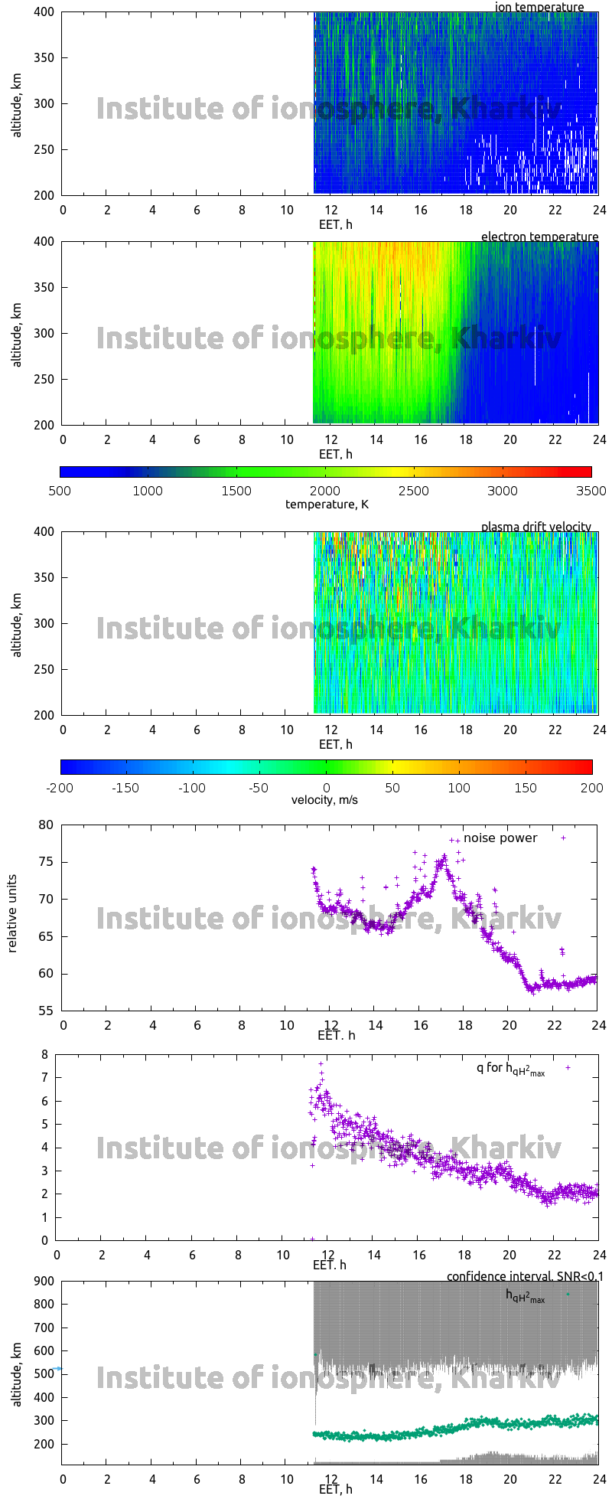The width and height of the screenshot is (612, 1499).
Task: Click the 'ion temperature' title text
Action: click(x=539, y=8)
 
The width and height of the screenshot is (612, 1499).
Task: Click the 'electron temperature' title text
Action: click(x=539, y=237)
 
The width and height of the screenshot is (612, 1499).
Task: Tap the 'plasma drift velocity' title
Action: click(x=535, y=527)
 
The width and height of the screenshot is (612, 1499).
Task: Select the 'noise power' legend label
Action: click(x=500, y=838)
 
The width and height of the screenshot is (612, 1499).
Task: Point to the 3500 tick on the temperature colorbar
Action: click(x=591, y=491)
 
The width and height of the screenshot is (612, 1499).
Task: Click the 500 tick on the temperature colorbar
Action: click(x=60, y=491)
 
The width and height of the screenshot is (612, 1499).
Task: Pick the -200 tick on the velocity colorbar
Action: click(x=60, y=787)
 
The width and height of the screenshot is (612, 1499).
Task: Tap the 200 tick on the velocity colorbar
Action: click(x=591, y=787)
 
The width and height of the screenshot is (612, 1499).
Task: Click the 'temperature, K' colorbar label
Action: click(x=327, y=505)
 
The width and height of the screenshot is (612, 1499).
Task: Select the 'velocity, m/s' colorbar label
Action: click(x=324, y=800)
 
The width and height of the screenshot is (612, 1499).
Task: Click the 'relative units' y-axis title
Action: click(x=12, y=917)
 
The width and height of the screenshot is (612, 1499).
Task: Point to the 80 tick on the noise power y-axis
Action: click(x=47, y=825)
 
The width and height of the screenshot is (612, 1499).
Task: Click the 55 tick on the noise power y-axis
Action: click(x=47, y=1011)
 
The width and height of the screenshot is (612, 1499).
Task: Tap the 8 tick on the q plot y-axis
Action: click(x=44, y=1055)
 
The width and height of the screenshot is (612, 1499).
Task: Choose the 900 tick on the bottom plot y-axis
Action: click(x=43, y=1282)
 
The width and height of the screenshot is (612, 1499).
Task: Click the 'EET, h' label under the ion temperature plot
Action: click(x=336, y=224)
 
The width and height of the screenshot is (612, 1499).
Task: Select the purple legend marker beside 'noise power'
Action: click(x=564, y=838)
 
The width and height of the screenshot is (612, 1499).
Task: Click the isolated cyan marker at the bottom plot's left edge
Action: click(x=57, y=1368)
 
